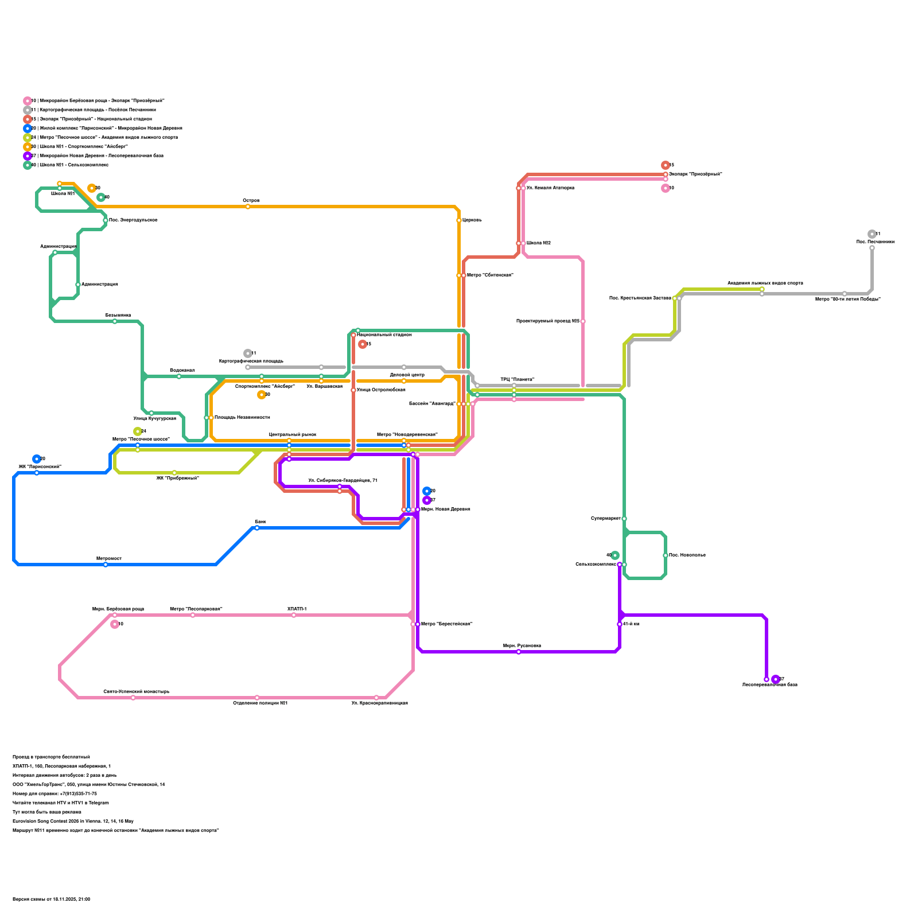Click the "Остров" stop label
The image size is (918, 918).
pyautogui.click(x=251, y=201)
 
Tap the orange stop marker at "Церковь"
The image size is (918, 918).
pyautogui.click(x=459, y=220)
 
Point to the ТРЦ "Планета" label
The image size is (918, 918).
pyautogui.click(x=517, y=380)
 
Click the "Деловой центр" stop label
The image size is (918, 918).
pyautogui.click(x=407, y=375)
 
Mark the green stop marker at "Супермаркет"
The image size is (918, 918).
pyautogui.click(x=624, y=519)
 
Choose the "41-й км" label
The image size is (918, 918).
pyautogui.click(x=631, y=624)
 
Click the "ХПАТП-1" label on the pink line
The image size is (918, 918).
pyautogui.click(x=297, y=609)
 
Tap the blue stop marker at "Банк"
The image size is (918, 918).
pyautogui.click(x=257, y=528)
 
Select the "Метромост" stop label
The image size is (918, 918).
pyautogui.click(x=108, y=559)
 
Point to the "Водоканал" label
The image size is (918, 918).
pyautogui.click(x=182, y=371)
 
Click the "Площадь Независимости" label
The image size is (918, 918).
pyautogui.click(x=242, y=418)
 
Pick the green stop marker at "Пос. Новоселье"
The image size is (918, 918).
pyautogui.click(x=666, y=555)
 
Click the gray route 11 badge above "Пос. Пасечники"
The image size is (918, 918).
pyautogui.click(x=872, y=234)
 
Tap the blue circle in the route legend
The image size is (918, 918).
pyautogui.click(x=28, y=129)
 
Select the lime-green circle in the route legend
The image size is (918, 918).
pyautogui.click(x=28, y=138)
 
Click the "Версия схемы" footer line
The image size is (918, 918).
pyautogui.click(x=51, y=900)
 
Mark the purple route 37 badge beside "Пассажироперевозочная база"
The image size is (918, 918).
pyautogui.click(x=776, y=679)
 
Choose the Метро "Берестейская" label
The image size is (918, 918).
pyautogui.click(x=446, y=624)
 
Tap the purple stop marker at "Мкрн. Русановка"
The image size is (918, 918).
pyautogui.click(x=519, y=652)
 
